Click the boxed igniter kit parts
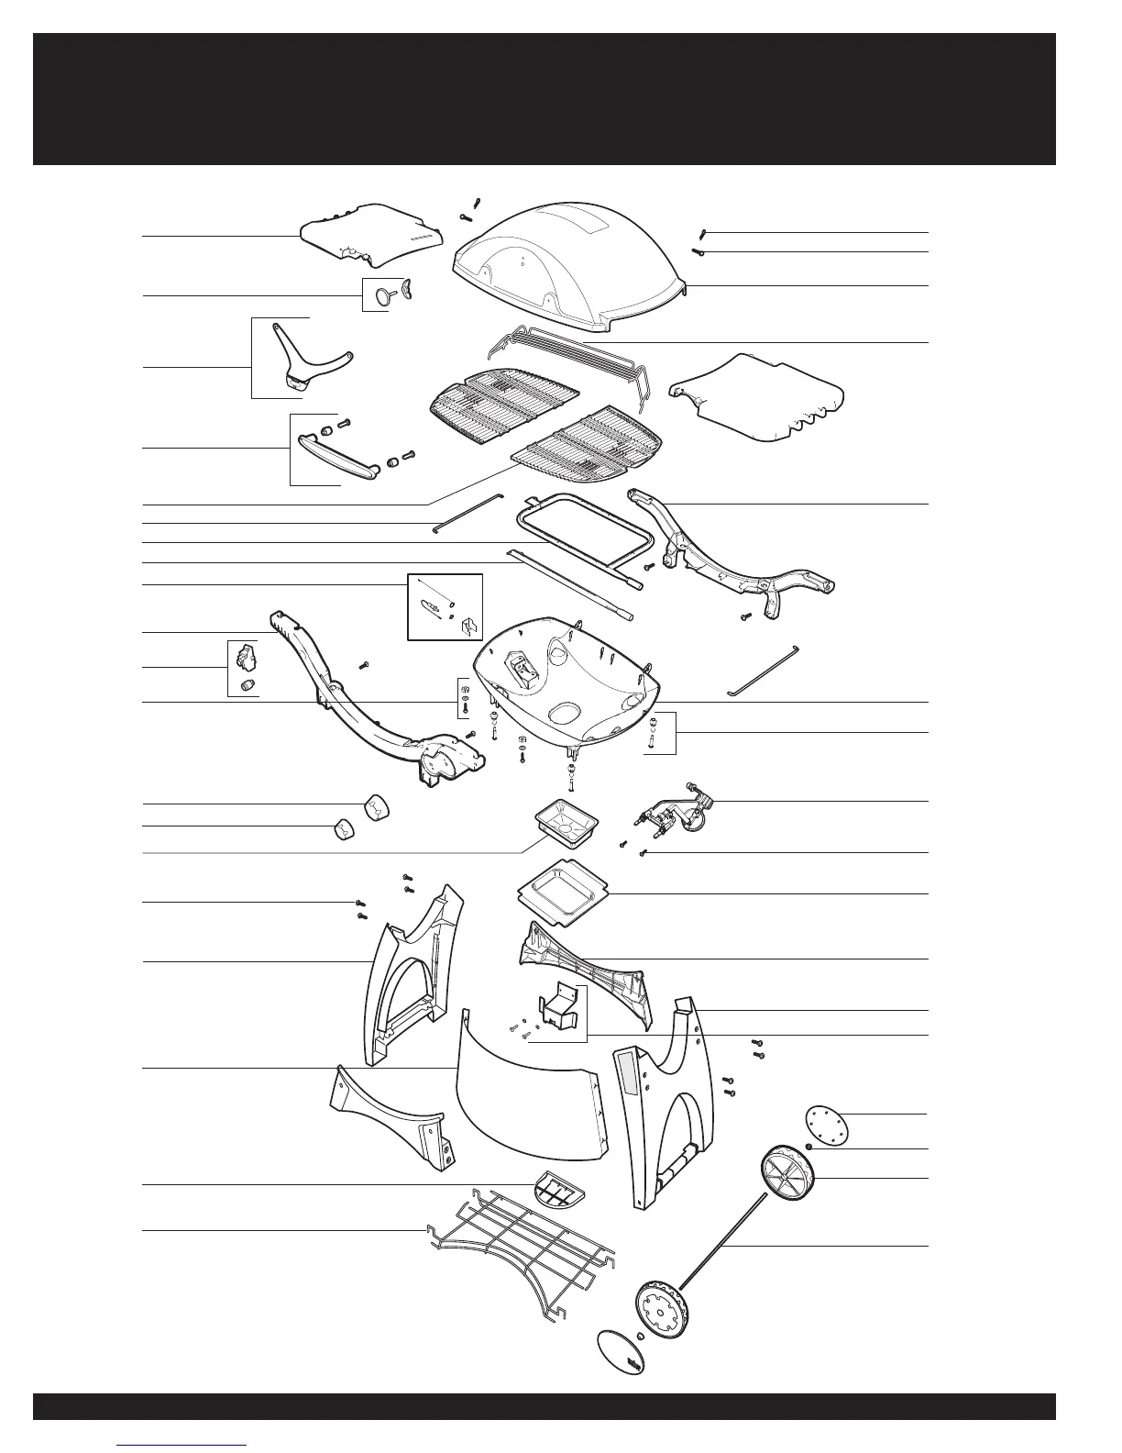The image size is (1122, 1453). click(x=445, y=605)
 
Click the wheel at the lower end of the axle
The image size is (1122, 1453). click(x=663, y=1311)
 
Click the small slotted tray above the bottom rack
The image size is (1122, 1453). click(x=557, y=1192)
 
